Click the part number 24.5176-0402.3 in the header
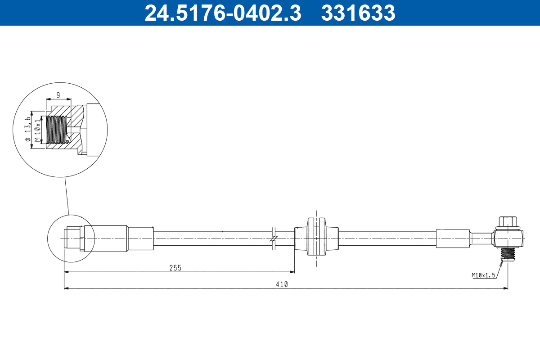coord(223,13)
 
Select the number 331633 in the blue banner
coord(358,13)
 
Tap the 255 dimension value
coord(175,268)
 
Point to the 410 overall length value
coord(282,284)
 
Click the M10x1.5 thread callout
coord(483,275)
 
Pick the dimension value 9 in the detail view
coord(58,95)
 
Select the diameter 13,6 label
coord(28,129)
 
